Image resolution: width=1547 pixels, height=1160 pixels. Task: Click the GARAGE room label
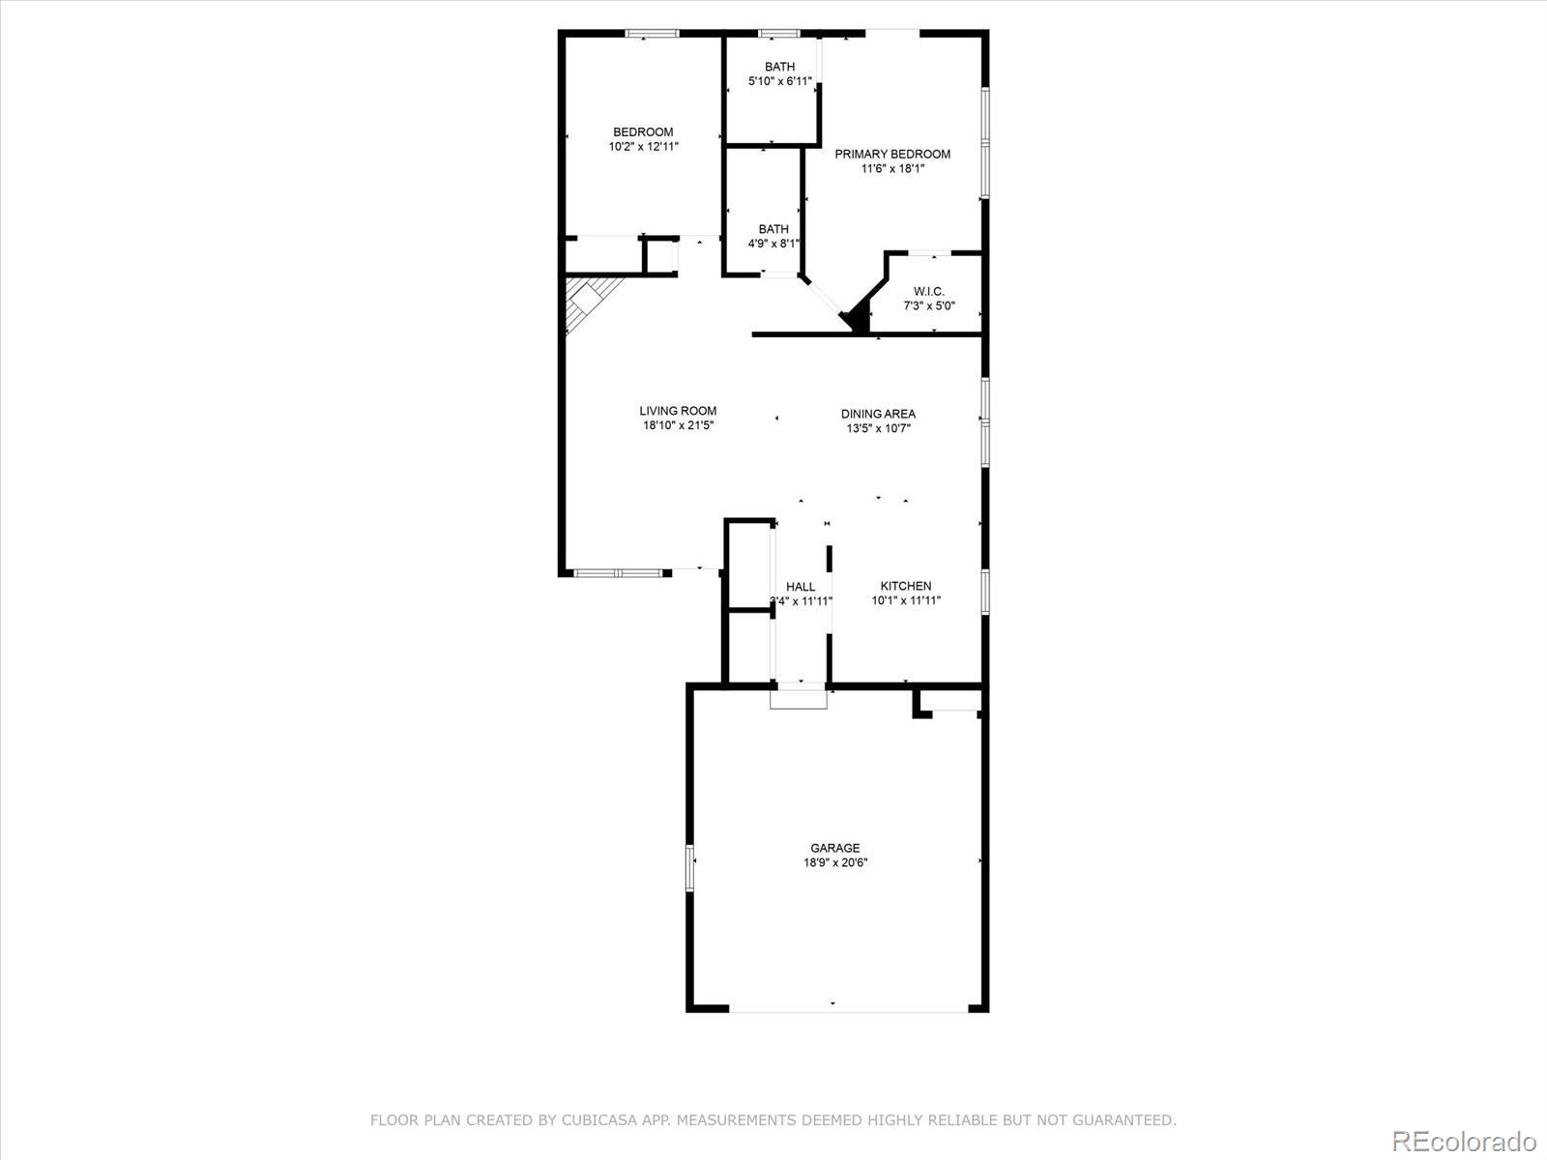[x=834, y=848]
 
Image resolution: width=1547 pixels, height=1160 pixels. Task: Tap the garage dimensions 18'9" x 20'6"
[x=834, y=863]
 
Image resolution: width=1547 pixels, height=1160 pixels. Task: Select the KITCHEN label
[x=906, y=586]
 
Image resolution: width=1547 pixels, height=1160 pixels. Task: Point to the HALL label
[x=801, y=587]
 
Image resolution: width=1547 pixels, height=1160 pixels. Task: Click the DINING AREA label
[x=878, y=414]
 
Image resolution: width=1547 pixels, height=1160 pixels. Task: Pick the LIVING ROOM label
[x=678, y=411]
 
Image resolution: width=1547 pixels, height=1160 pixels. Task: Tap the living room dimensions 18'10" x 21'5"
[x=678, y=425]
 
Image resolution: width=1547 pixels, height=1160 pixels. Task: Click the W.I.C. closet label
[x=929, y=292]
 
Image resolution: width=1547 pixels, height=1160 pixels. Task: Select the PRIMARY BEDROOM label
[x=892, y=154]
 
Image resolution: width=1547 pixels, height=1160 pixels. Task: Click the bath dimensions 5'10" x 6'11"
[x=779, y=81]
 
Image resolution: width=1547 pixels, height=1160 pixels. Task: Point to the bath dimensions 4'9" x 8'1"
[x=773, y=244]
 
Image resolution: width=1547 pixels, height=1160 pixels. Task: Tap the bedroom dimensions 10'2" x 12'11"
[x=643, y=147]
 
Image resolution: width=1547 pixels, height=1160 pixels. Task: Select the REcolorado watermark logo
[x=1463, y=1140]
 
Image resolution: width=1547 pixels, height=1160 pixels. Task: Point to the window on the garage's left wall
[x=690, y=867]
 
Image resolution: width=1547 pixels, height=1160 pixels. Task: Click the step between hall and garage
[x=799, y=698]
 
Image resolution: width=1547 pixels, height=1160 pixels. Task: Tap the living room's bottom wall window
[x=619, y=573]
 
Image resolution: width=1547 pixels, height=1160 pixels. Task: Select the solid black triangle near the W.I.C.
[x=857, y=317]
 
